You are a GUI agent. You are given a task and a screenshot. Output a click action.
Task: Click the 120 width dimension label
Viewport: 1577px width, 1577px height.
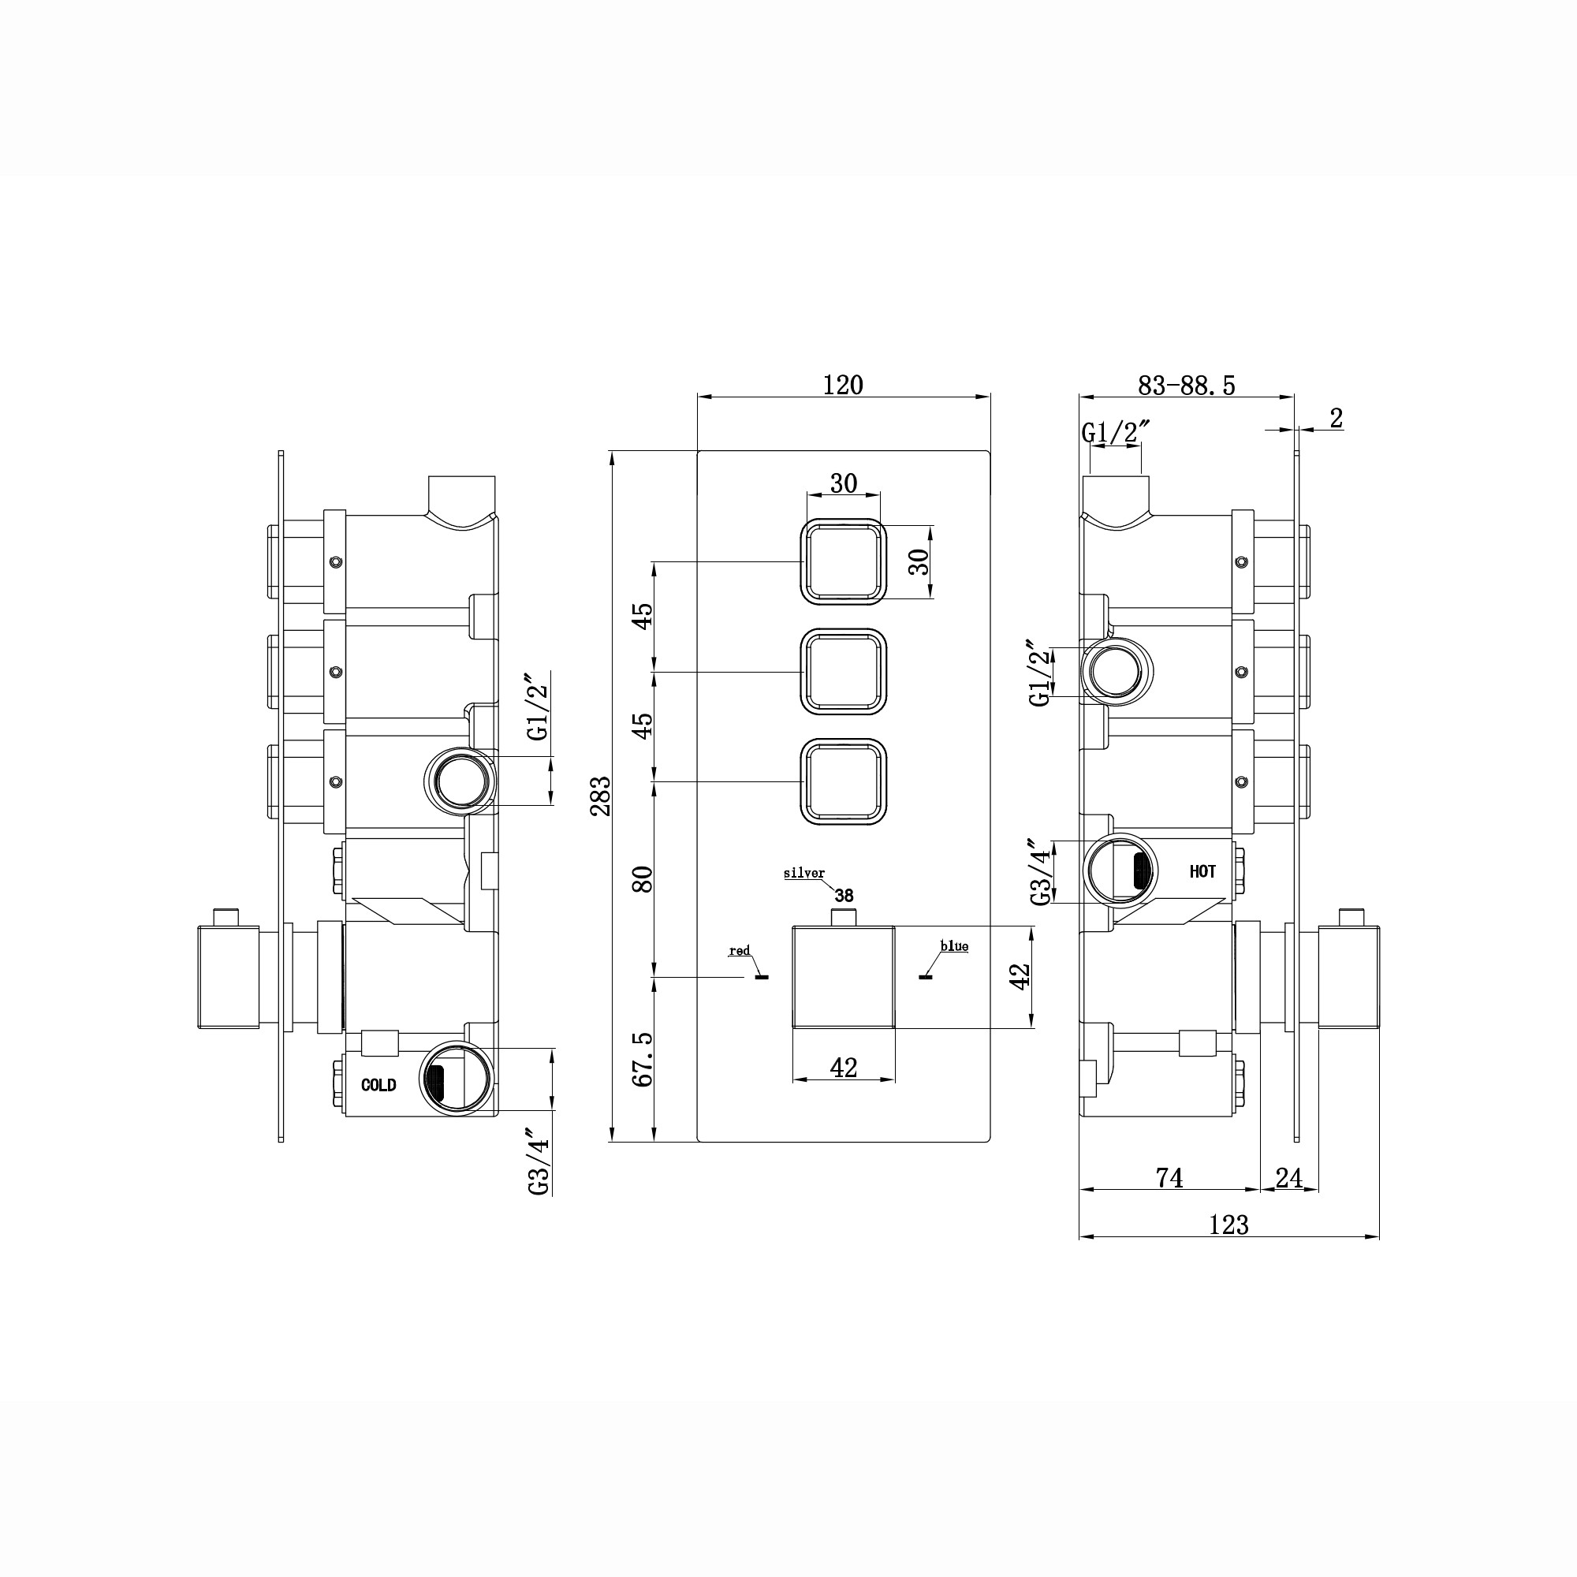842,385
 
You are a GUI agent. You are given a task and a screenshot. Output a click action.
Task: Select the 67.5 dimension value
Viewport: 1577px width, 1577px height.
643,1059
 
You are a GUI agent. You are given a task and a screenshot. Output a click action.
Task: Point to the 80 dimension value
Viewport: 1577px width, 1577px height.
643,878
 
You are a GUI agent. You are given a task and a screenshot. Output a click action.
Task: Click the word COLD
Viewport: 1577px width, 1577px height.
378,1085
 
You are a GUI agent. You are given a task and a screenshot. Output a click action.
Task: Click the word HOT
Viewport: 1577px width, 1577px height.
1202,872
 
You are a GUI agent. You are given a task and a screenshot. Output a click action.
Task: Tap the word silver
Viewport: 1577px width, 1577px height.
804,874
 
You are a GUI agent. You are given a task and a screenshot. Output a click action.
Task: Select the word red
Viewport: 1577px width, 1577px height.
740,951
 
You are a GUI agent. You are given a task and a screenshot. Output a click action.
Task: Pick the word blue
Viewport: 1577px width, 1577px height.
954,946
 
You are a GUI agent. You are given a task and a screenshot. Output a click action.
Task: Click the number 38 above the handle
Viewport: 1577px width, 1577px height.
844,896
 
